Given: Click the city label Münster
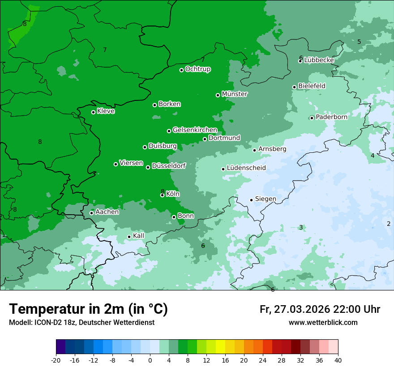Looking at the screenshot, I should pos(235,94).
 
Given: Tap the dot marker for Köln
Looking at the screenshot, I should pos(162,195).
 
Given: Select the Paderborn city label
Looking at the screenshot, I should pos(331,117).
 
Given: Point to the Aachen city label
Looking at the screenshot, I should pos(107,212).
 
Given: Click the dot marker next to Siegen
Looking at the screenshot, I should pos(251,200).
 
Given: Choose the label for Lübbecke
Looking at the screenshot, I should pos(319,60).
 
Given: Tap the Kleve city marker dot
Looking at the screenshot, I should pos(93,112).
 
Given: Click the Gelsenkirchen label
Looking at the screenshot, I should pos(195,130).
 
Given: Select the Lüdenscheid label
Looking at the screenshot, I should pos(246,168).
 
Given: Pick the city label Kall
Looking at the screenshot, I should pos(139,236).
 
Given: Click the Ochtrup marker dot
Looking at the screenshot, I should pos(181,70).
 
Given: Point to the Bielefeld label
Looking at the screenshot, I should pos(312,86).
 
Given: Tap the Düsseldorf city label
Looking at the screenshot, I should pos(169,166).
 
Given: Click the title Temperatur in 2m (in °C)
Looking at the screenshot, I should pos(88,309).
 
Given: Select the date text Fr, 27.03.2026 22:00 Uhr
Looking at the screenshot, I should pos(320,309).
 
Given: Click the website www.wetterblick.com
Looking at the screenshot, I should pos(323,323).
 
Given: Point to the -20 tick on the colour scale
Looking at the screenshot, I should pos(56,360).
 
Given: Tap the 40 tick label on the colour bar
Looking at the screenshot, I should pos(338,360).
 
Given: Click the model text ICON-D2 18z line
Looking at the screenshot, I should pos(81,323).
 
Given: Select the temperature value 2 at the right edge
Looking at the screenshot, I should pos(389,224).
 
